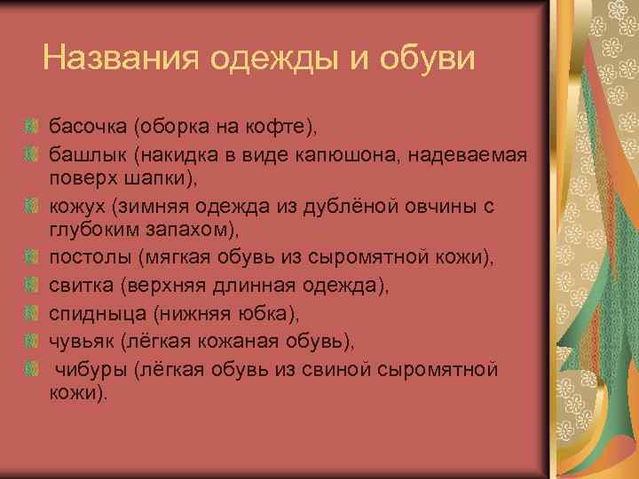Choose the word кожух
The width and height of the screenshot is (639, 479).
(75, 207)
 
